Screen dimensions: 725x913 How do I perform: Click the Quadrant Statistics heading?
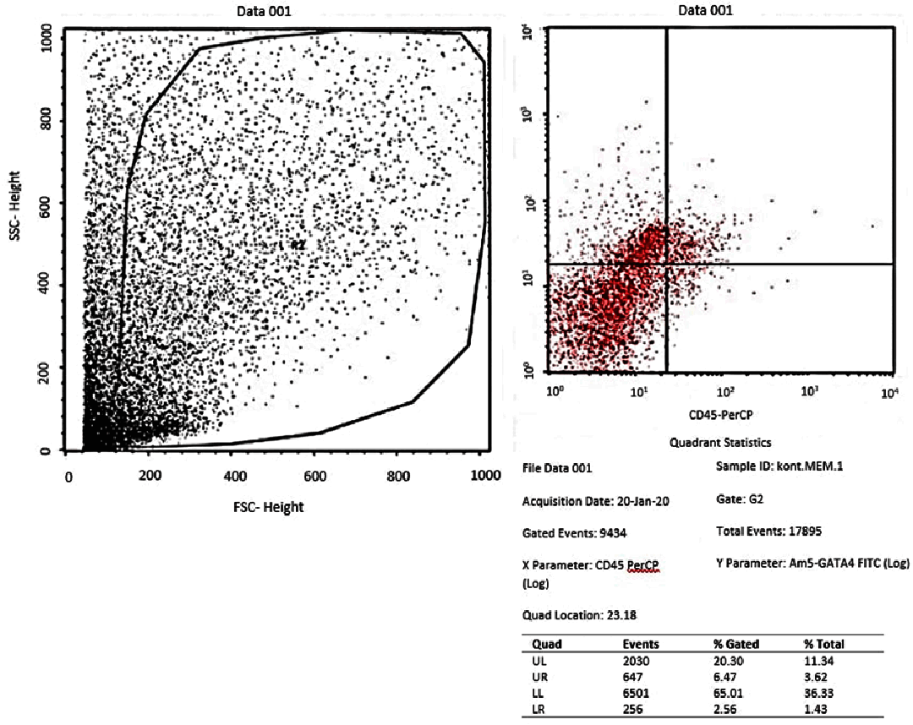[x=719, y=442]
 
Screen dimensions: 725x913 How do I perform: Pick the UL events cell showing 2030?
[x=635, y=661]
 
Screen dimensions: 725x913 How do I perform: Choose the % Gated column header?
[x=736, y=644]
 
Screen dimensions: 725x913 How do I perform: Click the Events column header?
[x=640, y=644]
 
